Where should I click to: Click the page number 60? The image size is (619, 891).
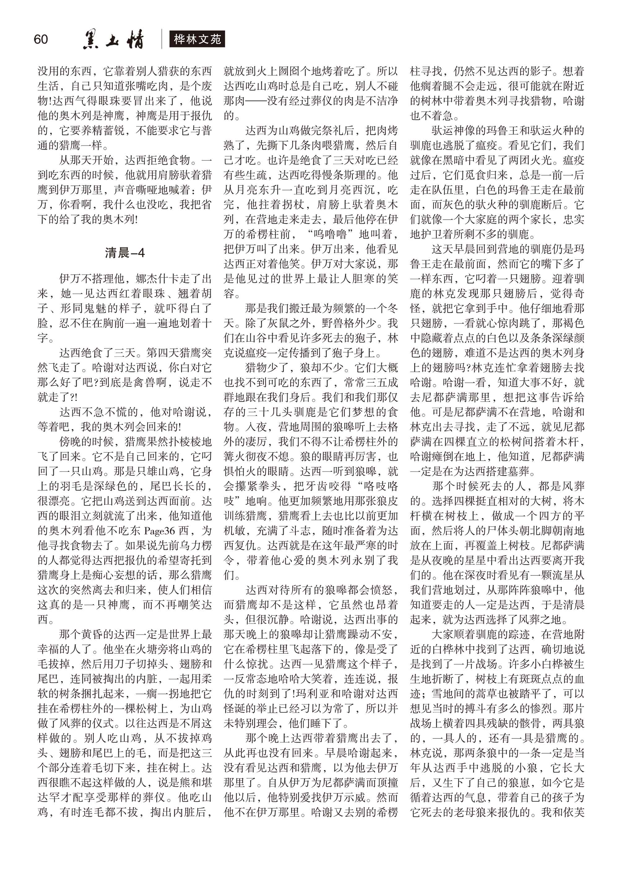41,39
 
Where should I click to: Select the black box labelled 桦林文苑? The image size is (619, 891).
197,39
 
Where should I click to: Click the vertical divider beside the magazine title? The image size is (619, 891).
162,39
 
